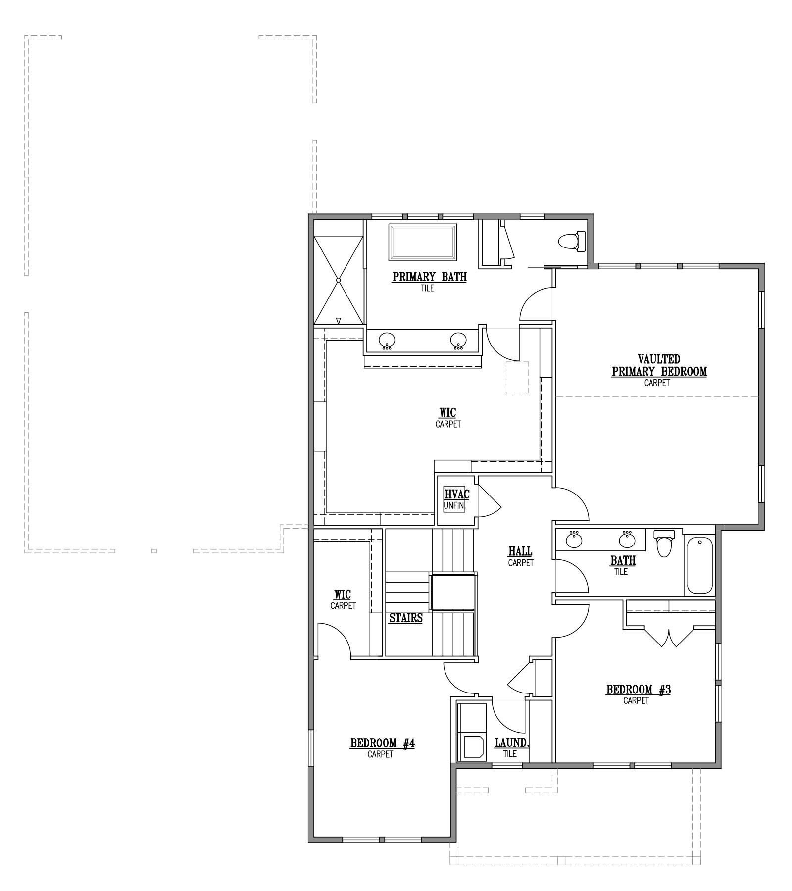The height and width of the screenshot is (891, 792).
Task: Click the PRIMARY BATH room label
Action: (429, 277)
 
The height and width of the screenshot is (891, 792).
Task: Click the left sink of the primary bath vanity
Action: (387, 340)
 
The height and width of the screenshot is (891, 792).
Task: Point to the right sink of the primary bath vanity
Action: (458, 340)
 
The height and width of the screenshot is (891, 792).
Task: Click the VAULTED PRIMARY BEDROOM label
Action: (659, 365)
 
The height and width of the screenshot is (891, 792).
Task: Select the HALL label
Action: (520, 551)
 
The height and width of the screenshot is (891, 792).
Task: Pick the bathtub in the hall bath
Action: (699, 566)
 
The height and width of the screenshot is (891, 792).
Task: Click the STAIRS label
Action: (406, 618)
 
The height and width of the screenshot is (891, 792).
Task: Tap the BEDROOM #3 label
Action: (638, 690)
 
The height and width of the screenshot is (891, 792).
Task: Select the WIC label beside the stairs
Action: (343, 594)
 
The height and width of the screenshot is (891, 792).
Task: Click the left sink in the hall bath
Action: (574, 539)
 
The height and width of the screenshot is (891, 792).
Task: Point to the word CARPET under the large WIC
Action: (448, 424)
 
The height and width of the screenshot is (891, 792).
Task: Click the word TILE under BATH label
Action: (621, 572)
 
